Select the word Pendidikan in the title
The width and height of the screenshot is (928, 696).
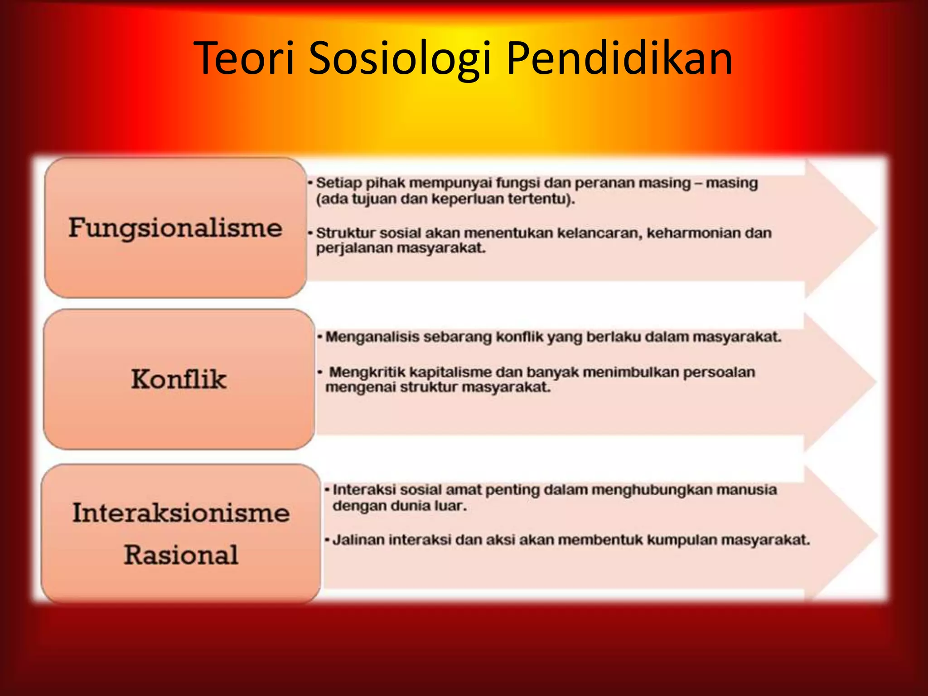619,58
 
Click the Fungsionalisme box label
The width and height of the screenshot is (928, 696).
175,228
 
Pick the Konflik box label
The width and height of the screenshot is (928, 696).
179,379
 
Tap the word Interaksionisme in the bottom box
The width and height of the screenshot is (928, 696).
181,513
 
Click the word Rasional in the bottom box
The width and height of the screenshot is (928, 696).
181,555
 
